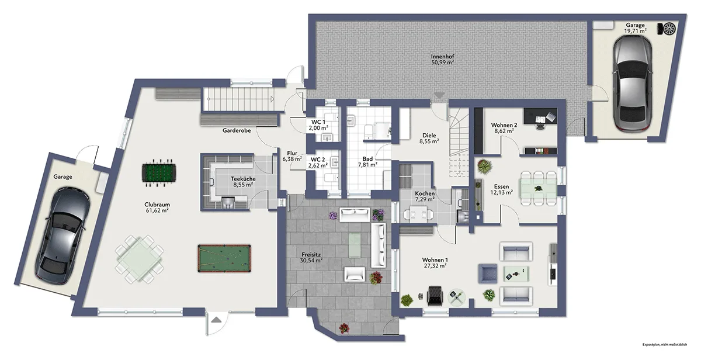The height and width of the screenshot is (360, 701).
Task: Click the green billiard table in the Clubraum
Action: click(224, 258)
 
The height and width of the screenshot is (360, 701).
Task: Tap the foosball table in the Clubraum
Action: click(159, 173)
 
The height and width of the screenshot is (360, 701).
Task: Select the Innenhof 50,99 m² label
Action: click(443, 60)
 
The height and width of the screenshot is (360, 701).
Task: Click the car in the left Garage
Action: click(63, 236)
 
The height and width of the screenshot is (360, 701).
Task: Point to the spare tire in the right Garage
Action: click(669, 29)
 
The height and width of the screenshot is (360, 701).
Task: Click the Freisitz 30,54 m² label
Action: click(311, 258)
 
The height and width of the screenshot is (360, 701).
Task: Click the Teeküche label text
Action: click(243, 179)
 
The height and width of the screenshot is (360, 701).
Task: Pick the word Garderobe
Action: click(237, 130)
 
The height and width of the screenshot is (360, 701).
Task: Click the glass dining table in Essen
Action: click(538, 188)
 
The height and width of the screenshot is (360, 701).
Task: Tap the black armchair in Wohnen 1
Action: click(435, 296)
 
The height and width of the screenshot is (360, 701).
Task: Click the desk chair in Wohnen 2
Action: click(540, 126)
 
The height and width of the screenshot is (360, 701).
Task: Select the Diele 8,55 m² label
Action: click(429, 139)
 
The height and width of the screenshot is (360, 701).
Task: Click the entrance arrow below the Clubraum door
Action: click(216, 320)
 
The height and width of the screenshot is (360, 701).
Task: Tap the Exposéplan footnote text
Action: click(665, 345)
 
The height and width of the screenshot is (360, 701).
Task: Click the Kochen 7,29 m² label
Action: click(425, 196)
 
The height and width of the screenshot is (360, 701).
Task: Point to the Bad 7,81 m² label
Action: click(367, 162)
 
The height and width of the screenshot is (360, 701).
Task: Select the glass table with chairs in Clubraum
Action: click(140, 259)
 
